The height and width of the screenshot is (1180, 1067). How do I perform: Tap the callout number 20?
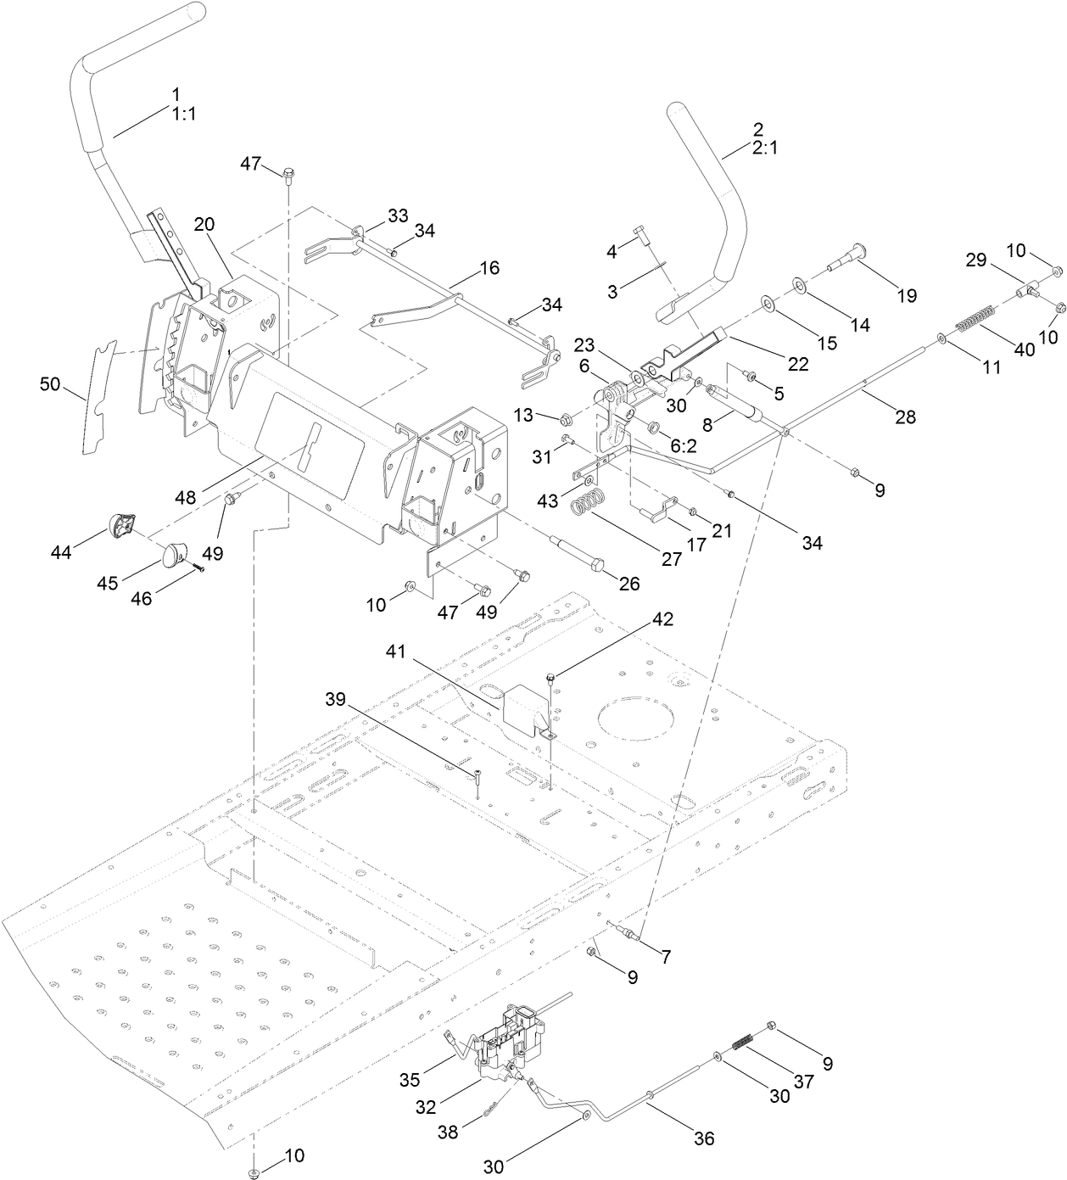tap(204, 224)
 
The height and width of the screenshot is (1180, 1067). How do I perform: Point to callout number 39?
tap(336, 698)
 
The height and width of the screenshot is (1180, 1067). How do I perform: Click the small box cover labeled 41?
tap(524, 706)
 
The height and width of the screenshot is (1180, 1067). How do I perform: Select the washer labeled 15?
tap(768, 304)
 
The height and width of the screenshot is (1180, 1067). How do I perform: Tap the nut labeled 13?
tap(567, 418)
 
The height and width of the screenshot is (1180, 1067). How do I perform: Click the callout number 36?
tap(705, 1138)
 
